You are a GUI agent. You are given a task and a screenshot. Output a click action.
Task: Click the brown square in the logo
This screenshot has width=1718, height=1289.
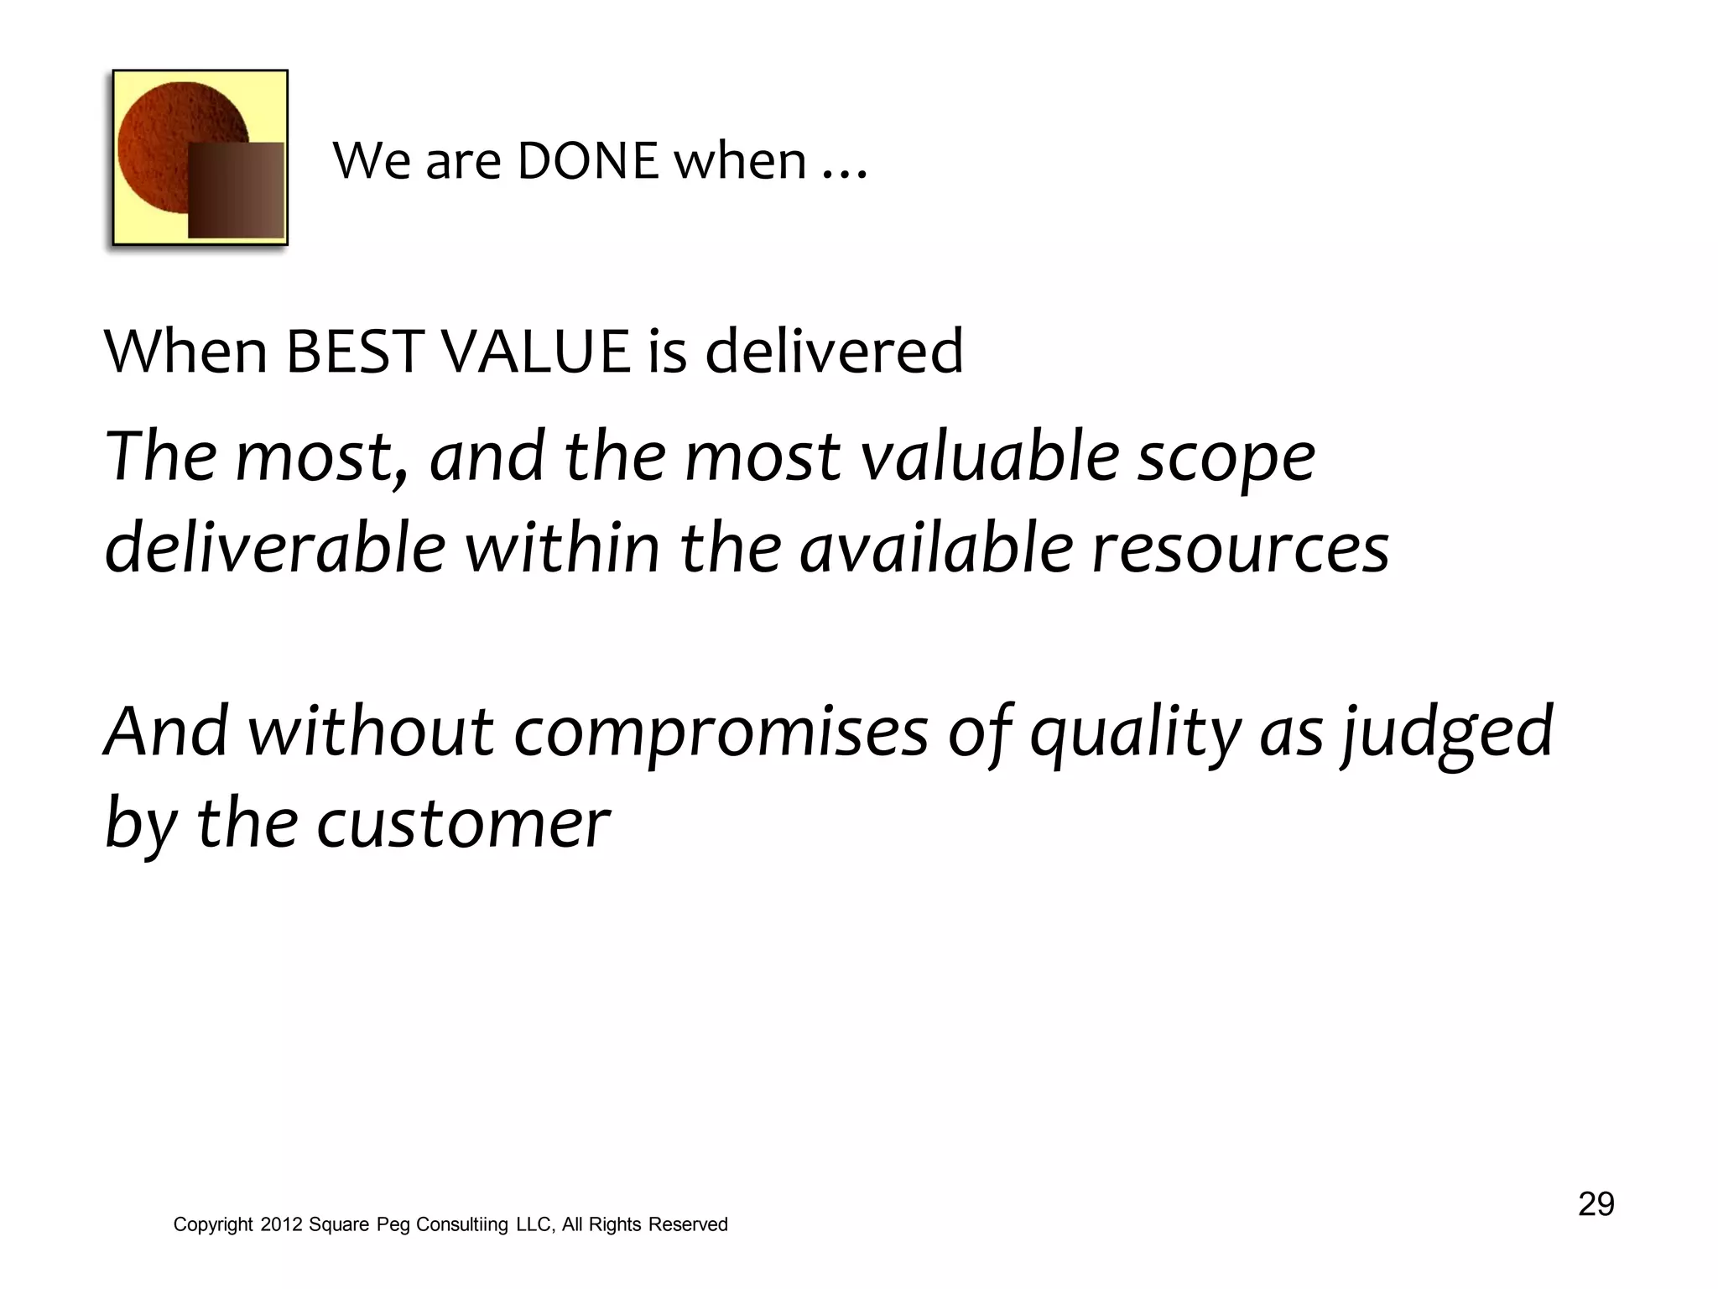pyautogui.click(x=236, y=190)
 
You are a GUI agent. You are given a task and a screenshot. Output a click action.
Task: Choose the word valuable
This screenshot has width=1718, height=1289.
pyautogui.click(x=991, y=457)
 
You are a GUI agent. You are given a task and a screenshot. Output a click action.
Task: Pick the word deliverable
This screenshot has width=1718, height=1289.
pyautogui.click(x=275, y=547)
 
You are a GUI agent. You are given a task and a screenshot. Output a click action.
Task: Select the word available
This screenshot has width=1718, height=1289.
pyautogui.click(x=936, y=547)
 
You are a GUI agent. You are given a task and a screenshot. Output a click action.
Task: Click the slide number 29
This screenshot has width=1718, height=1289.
pyautogui.click(x=1596, y=1204)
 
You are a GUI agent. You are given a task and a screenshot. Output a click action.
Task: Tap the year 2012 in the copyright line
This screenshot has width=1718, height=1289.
pyautogui.click(x=280, y=1224)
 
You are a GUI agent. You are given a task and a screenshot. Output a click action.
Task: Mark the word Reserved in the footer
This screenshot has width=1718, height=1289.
pyautogui.click(x=688, y=1224)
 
